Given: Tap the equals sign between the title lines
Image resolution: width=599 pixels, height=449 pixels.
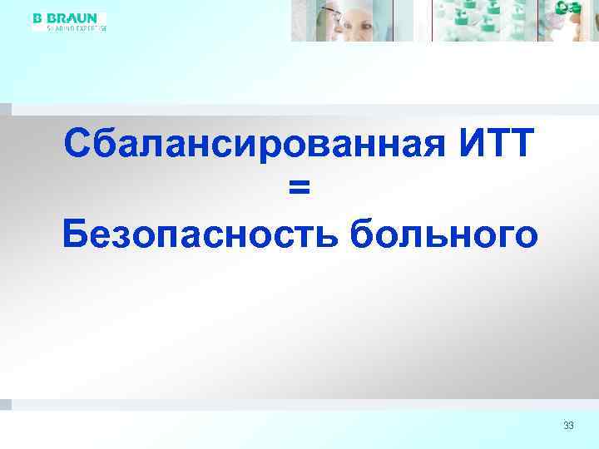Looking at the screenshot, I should [299, 190].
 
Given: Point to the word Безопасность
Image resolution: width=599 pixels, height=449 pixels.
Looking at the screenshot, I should [200, 235].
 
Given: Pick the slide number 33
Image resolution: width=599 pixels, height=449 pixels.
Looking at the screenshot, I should [568, 426].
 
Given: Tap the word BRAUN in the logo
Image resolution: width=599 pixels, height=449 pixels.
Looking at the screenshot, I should [77, 17].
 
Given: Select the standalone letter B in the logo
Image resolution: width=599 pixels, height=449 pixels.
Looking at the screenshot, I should [37, 17].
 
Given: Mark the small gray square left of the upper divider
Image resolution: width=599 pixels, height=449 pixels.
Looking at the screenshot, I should [6, 109].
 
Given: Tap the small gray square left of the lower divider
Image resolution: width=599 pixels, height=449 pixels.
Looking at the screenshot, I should [6, 404].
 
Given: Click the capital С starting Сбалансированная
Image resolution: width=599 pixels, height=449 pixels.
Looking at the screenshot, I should [77, 146].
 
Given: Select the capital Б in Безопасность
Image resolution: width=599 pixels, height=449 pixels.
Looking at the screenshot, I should [77, 235].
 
